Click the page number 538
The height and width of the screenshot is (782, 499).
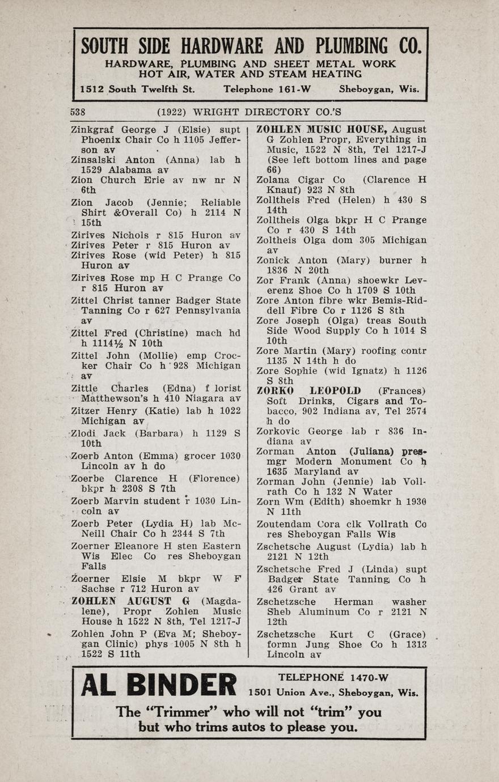coord(78,112)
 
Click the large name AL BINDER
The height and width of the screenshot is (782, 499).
coord(158,685)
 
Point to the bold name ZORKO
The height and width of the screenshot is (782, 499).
coord(275,391)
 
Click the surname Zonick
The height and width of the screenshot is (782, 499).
coord(272,261)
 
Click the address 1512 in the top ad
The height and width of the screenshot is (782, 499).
coord(92,89)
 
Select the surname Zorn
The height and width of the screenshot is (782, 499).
coord(268,502)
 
